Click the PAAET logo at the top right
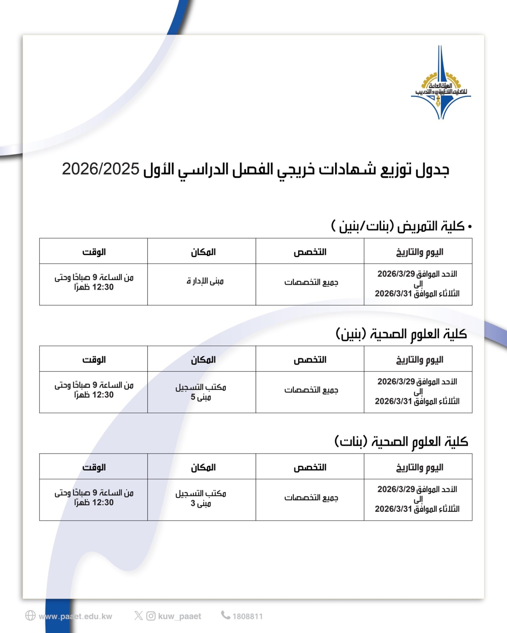tap(441, 83)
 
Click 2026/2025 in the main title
tap(101, 169)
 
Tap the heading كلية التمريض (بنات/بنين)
tap(401, 226)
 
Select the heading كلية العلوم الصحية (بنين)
tap(401, 334)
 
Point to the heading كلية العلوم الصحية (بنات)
tap(401, 442)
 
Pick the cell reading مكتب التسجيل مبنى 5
tap(201, 392)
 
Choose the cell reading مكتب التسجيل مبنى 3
tap(201, 498)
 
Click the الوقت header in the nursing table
tap(94, 252)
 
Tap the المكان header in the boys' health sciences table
tap(203, 360)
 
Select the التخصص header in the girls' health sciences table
tap(310, 467)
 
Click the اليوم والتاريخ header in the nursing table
tap(419, 252)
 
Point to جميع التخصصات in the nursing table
tap(311, 282)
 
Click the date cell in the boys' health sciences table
tap(417, 391)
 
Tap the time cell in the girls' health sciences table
tap(94, 497)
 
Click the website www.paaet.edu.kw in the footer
tap(75, 617)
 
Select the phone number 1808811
tap(247, 617)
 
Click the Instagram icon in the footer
tap(151, 616)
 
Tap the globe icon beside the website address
tap(30, 616)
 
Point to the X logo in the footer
tap(139, 616)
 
